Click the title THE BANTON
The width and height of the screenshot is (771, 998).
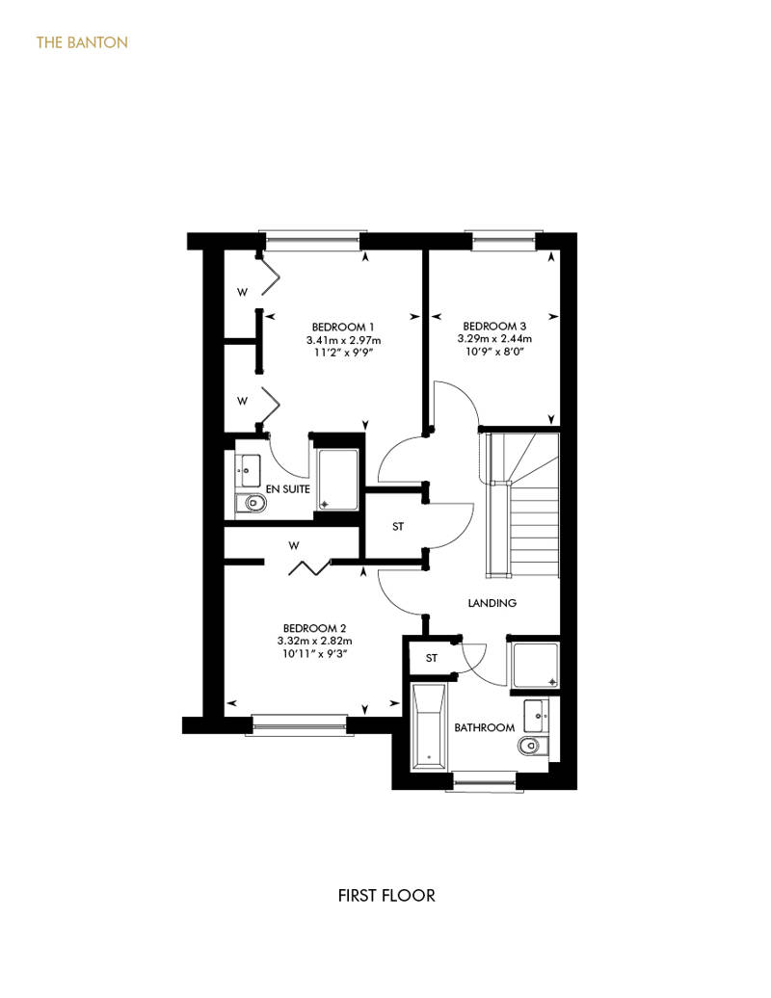[x=82, y=42]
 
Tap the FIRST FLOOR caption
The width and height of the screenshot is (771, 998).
[x=386, y=896]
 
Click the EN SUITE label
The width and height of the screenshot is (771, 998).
[x=288, y=488]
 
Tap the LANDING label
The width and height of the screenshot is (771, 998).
[x=492, y=603]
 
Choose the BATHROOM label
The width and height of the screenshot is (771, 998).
[x=484, y=727]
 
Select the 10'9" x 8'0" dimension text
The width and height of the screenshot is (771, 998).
[x=494, y=352]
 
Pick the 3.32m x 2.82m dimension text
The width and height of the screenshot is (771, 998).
[x=314, y=641]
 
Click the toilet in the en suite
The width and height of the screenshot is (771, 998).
[x=251, y=504]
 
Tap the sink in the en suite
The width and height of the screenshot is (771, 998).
[x=248, y=471]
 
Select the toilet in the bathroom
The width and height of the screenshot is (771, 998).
[x=532, y=746]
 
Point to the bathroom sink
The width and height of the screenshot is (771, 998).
[x=536, y=716]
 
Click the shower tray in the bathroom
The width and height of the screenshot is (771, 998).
[x=536, y=666]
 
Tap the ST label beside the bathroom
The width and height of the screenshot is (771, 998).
[x=432, y=658]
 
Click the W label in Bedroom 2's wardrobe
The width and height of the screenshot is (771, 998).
[x=294, y=545]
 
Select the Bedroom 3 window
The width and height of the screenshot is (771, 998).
[x=504, y=239]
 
